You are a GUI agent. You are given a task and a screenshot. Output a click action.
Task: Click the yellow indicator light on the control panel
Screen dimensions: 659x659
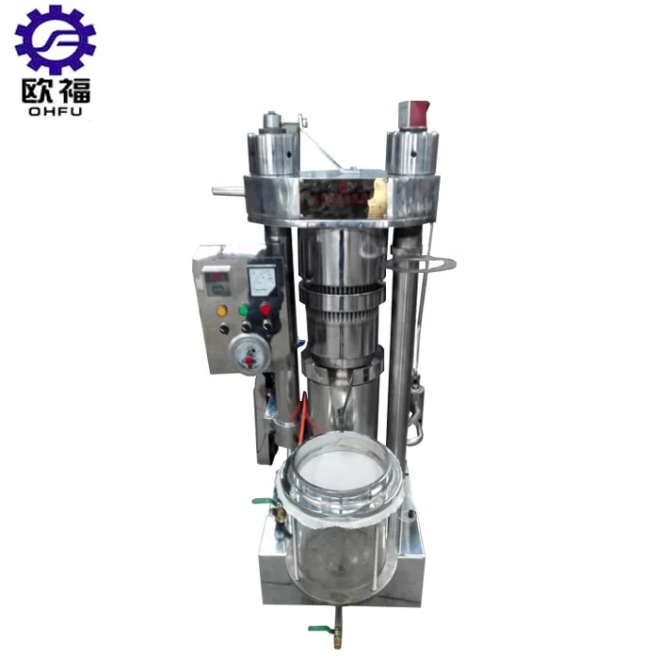pos(222,311)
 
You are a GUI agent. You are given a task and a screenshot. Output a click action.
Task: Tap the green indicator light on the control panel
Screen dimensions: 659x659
pos(244,308)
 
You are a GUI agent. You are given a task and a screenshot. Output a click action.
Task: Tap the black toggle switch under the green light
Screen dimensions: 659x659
pos(247,327)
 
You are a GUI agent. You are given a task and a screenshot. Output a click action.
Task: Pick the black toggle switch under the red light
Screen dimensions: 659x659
pos(267,325)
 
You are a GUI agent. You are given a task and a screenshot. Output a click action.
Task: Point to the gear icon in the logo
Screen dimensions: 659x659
pos(55,40)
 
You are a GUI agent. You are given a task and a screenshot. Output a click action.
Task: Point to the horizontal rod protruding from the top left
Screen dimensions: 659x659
pos(229,191)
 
